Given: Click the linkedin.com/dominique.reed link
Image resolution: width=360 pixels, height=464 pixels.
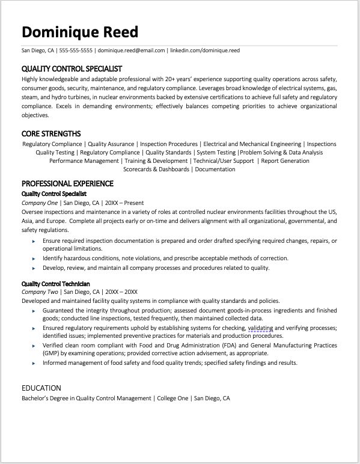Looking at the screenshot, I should tap(205, 50).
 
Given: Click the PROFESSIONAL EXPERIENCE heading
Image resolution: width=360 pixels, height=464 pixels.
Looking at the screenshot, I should tap(67, 183).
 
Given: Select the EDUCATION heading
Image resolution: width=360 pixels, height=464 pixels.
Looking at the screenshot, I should tap(41, 388).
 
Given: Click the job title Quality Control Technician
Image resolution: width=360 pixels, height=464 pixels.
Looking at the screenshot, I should tap(56, 283).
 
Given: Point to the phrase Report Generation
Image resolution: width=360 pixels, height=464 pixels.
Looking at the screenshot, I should tap(285, 161).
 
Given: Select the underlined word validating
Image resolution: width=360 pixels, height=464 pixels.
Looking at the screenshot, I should tap(260, 328).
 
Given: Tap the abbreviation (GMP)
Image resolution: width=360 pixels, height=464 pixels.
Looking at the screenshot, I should tap(50, 355).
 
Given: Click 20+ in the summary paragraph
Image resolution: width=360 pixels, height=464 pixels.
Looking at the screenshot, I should tap(176, 79).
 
